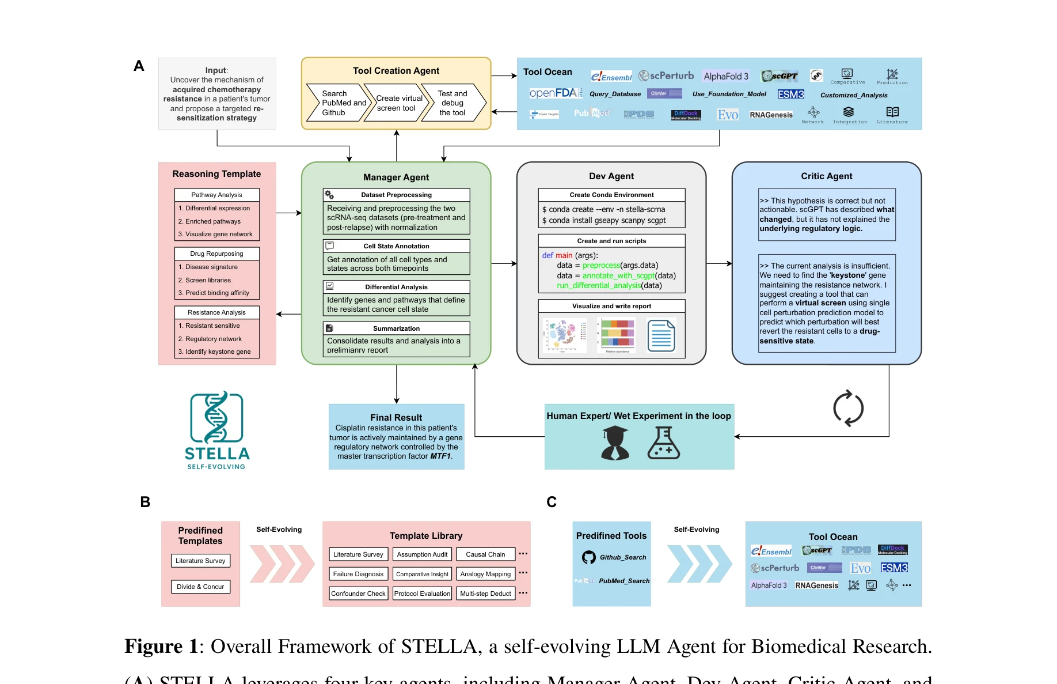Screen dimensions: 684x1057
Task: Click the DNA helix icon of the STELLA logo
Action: (x=216, y=417)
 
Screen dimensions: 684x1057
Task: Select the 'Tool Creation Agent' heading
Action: (x=396, y=71)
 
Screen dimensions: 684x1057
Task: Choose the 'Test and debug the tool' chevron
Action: (x=453, y=103)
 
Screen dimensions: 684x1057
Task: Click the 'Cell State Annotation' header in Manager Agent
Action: (x=396, y=246)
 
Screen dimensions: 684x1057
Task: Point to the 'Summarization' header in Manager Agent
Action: (x=396, y=328)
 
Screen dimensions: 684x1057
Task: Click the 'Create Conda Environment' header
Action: (x=611, y=195)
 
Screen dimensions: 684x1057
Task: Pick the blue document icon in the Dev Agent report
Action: (x=661, y=335)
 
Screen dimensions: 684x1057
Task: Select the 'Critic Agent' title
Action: (x=826, y=176)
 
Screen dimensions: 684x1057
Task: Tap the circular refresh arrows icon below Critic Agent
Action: (x=848, y=409)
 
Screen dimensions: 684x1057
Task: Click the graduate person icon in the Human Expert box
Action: (x=615, y=443)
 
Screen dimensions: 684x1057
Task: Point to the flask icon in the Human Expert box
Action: (x=663, y=443)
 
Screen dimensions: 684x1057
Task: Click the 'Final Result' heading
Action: (x=396, y=417)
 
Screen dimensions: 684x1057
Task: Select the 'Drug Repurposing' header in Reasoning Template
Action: (x=216, y=254)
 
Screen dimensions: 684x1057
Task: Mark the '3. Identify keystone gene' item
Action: (x=218, y=352)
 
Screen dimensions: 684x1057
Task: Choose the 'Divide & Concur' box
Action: (x=200, y=587)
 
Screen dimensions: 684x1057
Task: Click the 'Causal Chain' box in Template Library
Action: (x=485, y=554)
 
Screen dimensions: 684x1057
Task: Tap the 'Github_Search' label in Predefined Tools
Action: (x=623, y=557)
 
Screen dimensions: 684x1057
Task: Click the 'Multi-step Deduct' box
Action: (x=485, y=594)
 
